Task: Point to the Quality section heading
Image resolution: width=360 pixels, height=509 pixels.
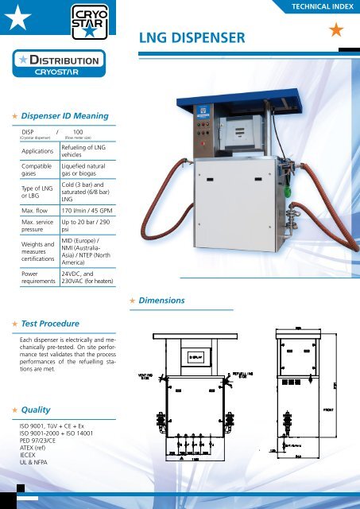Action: tap(39, 409)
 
